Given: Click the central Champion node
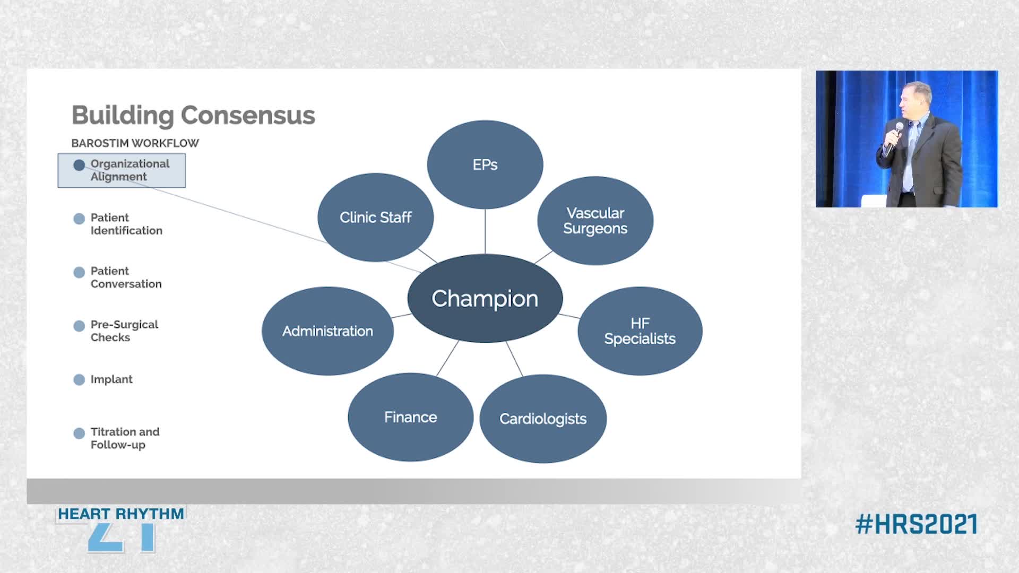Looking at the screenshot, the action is click(x=485, y=298).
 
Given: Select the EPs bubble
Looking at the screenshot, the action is click(x=485, y=164).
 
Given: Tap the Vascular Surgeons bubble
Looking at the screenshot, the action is click(x=595, y=221).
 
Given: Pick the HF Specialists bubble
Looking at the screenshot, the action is click(x=640, y=331).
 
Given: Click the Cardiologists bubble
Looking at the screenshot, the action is click(x=543, y=419).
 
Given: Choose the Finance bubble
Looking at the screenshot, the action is click(x=411, y=417).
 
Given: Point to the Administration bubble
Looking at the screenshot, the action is click(x=327, y=331).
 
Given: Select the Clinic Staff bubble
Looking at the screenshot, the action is click(x=376, y=218).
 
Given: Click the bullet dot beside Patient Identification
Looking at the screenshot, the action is click(x=79, y=219).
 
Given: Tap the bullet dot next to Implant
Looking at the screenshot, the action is click(x=79, y=379).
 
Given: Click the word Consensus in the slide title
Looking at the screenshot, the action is click(x=248, y=115).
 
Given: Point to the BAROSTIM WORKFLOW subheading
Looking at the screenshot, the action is click(x=135, y=143).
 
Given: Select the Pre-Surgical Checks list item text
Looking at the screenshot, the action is click(x=124, y=331).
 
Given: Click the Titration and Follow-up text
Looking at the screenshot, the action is click(x=125, y=438).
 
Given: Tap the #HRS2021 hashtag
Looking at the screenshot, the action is click(x=917, y=524).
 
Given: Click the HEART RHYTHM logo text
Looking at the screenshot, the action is click(x=121, y=514).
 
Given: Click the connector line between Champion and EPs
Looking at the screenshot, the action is click(x=485, y=231).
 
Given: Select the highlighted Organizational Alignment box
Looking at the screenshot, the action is click(x=122, y=170).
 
